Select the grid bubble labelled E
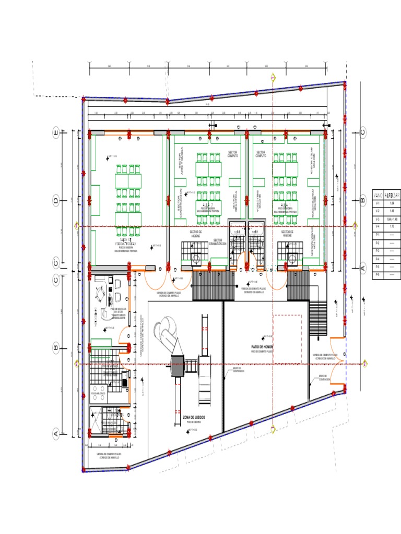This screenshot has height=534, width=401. pyautogui.click(x=56, y=135)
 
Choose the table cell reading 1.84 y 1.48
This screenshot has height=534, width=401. pyautogui.click(x=392, y=219)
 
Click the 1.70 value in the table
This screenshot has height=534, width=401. pyautogui.click(x=392, y=227)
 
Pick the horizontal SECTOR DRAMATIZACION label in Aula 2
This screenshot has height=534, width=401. pyautogui.click(x=215, y=243)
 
